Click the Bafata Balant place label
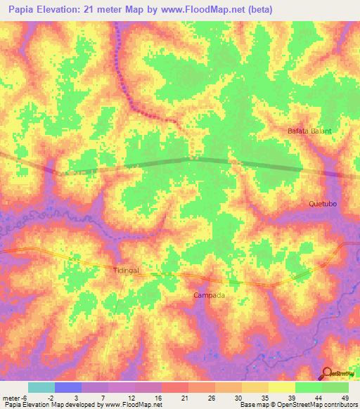tap(309, 131)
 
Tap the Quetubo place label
tap(323, 204)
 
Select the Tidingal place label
tap(128, 270)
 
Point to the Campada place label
tap(210, 296)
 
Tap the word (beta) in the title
tap(258, 10)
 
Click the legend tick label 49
tap(345, 397)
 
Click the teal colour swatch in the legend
tap(41, 387)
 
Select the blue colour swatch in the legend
tap(68, 387)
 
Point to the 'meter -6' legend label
tap(14, 397)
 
